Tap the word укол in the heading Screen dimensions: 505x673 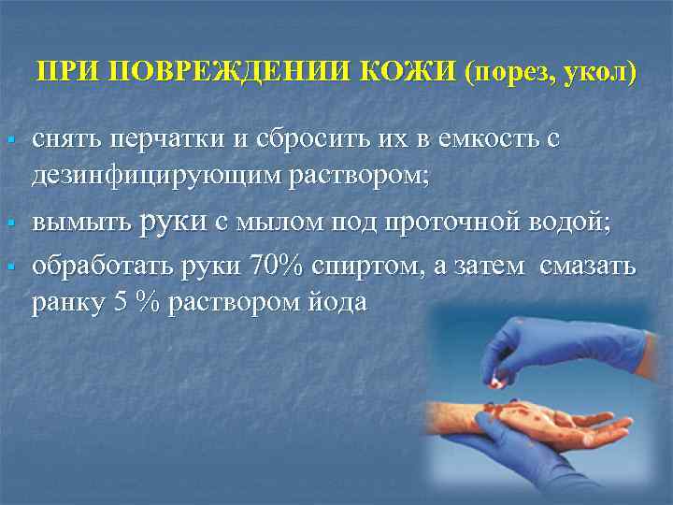pyautogui.click(x=598, y=72)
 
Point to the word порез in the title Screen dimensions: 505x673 pyautogui.click(x=515, y=72)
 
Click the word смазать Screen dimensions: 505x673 pyautogui.click(x=586, y=267)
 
